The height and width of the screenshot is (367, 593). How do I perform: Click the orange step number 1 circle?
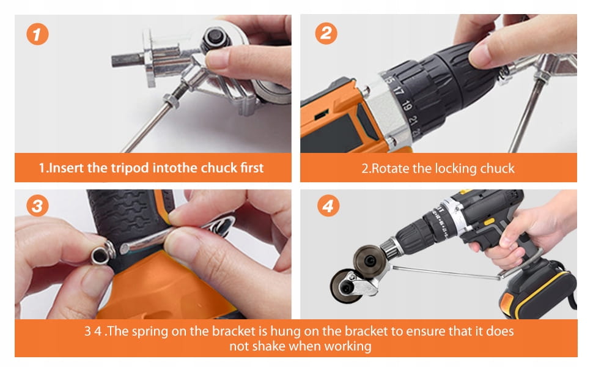pyautogui.click(x=37, y=34)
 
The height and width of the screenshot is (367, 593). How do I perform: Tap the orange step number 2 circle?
pyautogui.click(x=326, y=33)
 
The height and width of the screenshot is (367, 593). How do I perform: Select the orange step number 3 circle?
pyautogui.click(x=37, y=206)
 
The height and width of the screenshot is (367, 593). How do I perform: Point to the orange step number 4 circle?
pyautogui.click(x=328, y=206)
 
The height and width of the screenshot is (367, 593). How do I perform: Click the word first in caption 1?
pyautogui.click(x=252, y=168)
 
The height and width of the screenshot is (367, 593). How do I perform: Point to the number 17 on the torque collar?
pyautogui.click(x=399, y=91)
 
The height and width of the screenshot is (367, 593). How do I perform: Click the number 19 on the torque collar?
pyautogui.click(x=407, y=106)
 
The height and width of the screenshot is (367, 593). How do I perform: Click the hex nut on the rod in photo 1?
pyautogui.click(x=171, y=102)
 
